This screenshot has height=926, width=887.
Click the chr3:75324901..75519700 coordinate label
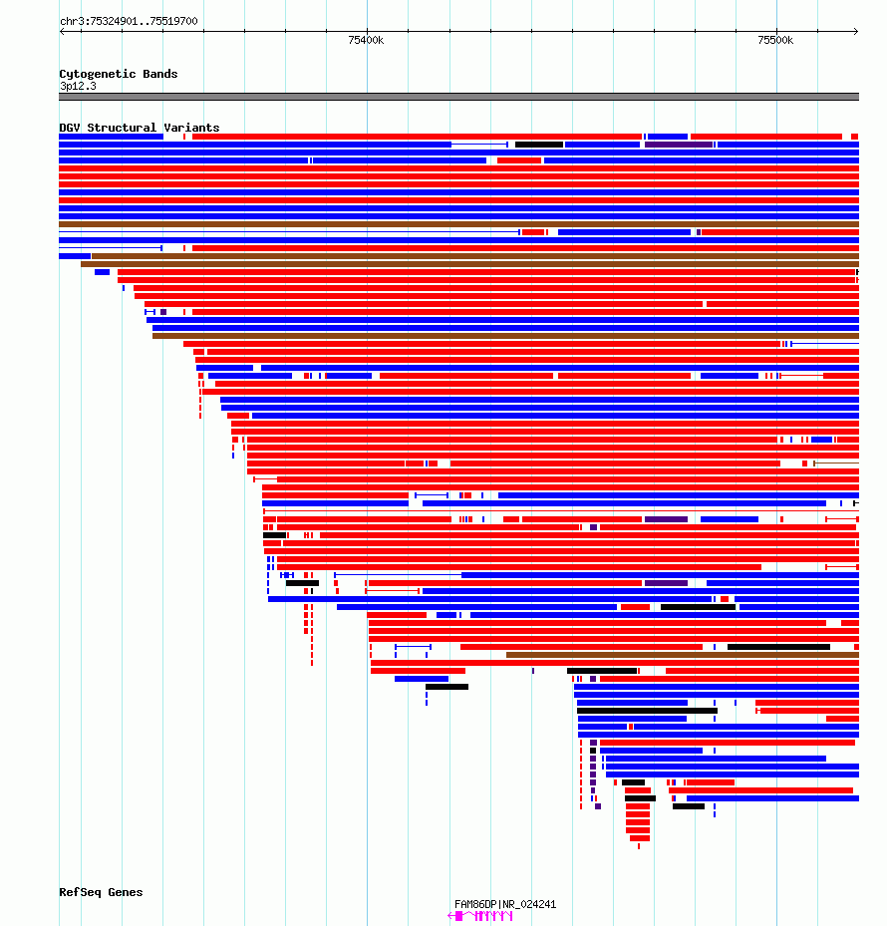[129, 21]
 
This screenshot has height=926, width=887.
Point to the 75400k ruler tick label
[366, 40]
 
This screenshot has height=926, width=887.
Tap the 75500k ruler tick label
[775, 40]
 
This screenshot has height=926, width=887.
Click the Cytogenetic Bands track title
[119, 74]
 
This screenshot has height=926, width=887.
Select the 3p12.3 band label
[78, 87]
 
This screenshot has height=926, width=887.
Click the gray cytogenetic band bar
[458, 97]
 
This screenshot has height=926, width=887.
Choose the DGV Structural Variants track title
[140, 128]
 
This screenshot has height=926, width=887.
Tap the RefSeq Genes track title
[101, 892]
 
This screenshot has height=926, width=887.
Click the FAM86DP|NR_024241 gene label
[505, 904]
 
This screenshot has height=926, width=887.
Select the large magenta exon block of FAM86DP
[459, 916]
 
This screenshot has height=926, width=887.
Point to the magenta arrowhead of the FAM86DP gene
[450, 916]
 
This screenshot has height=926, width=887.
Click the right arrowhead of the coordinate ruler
[856, 31]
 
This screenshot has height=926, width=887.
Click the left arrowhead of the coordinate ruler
[62, 31]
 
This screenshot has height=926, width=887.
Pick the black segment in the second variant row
[538, 145]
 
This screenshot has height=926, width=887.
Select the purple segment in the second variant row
[679, 145]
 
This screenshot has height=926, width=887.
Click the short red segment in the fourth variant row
[519, 160]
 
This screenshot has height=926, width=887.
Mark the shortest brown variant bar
[683, 655]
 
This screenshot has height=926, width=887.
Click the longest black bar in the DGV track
[647, 711]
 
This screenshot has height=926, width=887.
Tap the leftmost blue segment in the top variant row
[111, 137]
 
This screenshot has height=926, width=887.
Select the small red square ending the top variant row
[854, 137]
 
